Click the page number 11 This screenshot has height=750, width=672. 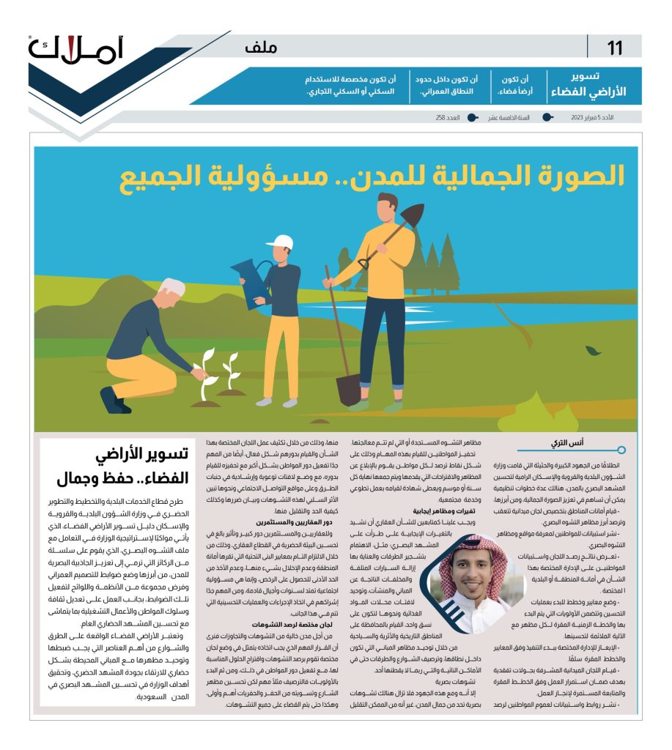[x=614, y=48]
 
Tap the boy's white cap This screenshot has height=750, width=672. [x=278, y=242]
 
